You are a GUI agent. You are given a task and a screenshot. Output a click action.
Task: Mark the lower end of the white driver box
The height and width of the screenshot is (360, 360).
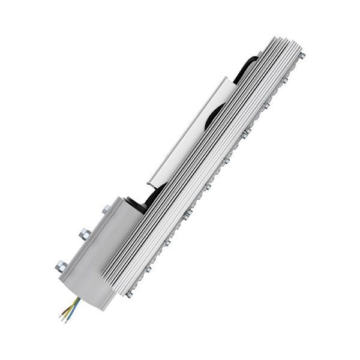150,179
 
